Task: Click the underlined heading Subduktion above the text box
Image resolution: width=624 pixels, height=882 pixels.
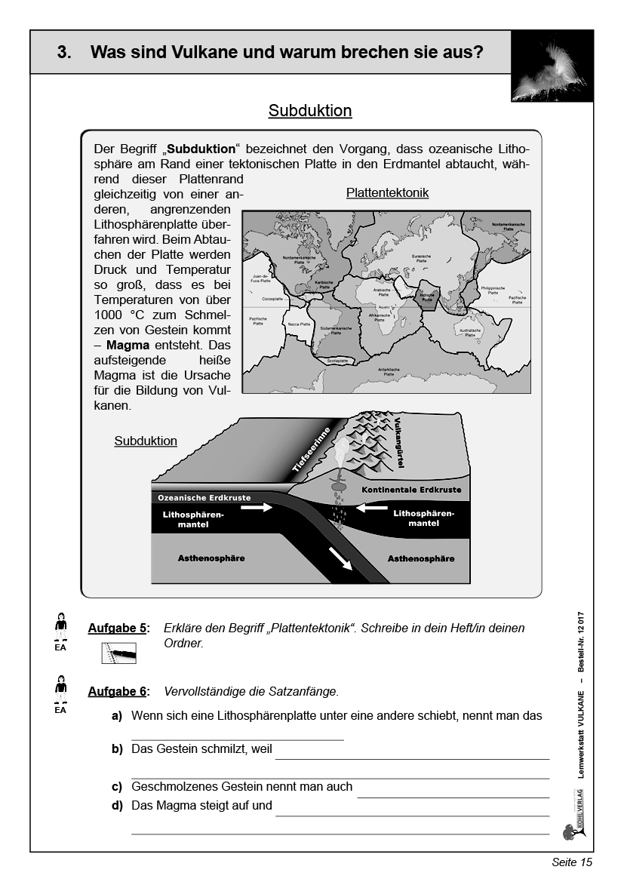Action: (310, 111)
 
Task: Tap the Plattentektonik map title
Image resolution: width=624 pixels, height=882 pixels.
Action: (387, 193)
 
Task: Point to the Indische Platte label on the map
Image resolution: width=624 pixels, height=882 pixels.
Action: (428, 298)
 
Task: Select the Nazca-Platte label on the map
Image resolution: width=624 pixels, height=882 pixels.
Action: (300, 324)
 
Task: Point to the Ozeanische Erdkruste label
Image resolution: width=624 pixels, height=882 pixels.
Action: (204, 498)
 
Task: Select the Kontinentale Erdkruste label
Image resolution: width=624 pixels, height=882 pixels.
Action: (410, 490)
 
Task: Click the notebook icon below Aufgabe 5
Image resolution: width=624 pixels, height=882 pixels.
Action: (119, 653)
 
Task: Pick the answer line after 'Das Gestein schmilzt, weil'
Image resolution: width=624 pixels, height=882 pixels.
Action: (412, 758)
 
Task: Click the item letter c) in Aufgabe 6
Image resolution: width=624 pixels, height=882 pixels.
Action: (117, 786)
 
